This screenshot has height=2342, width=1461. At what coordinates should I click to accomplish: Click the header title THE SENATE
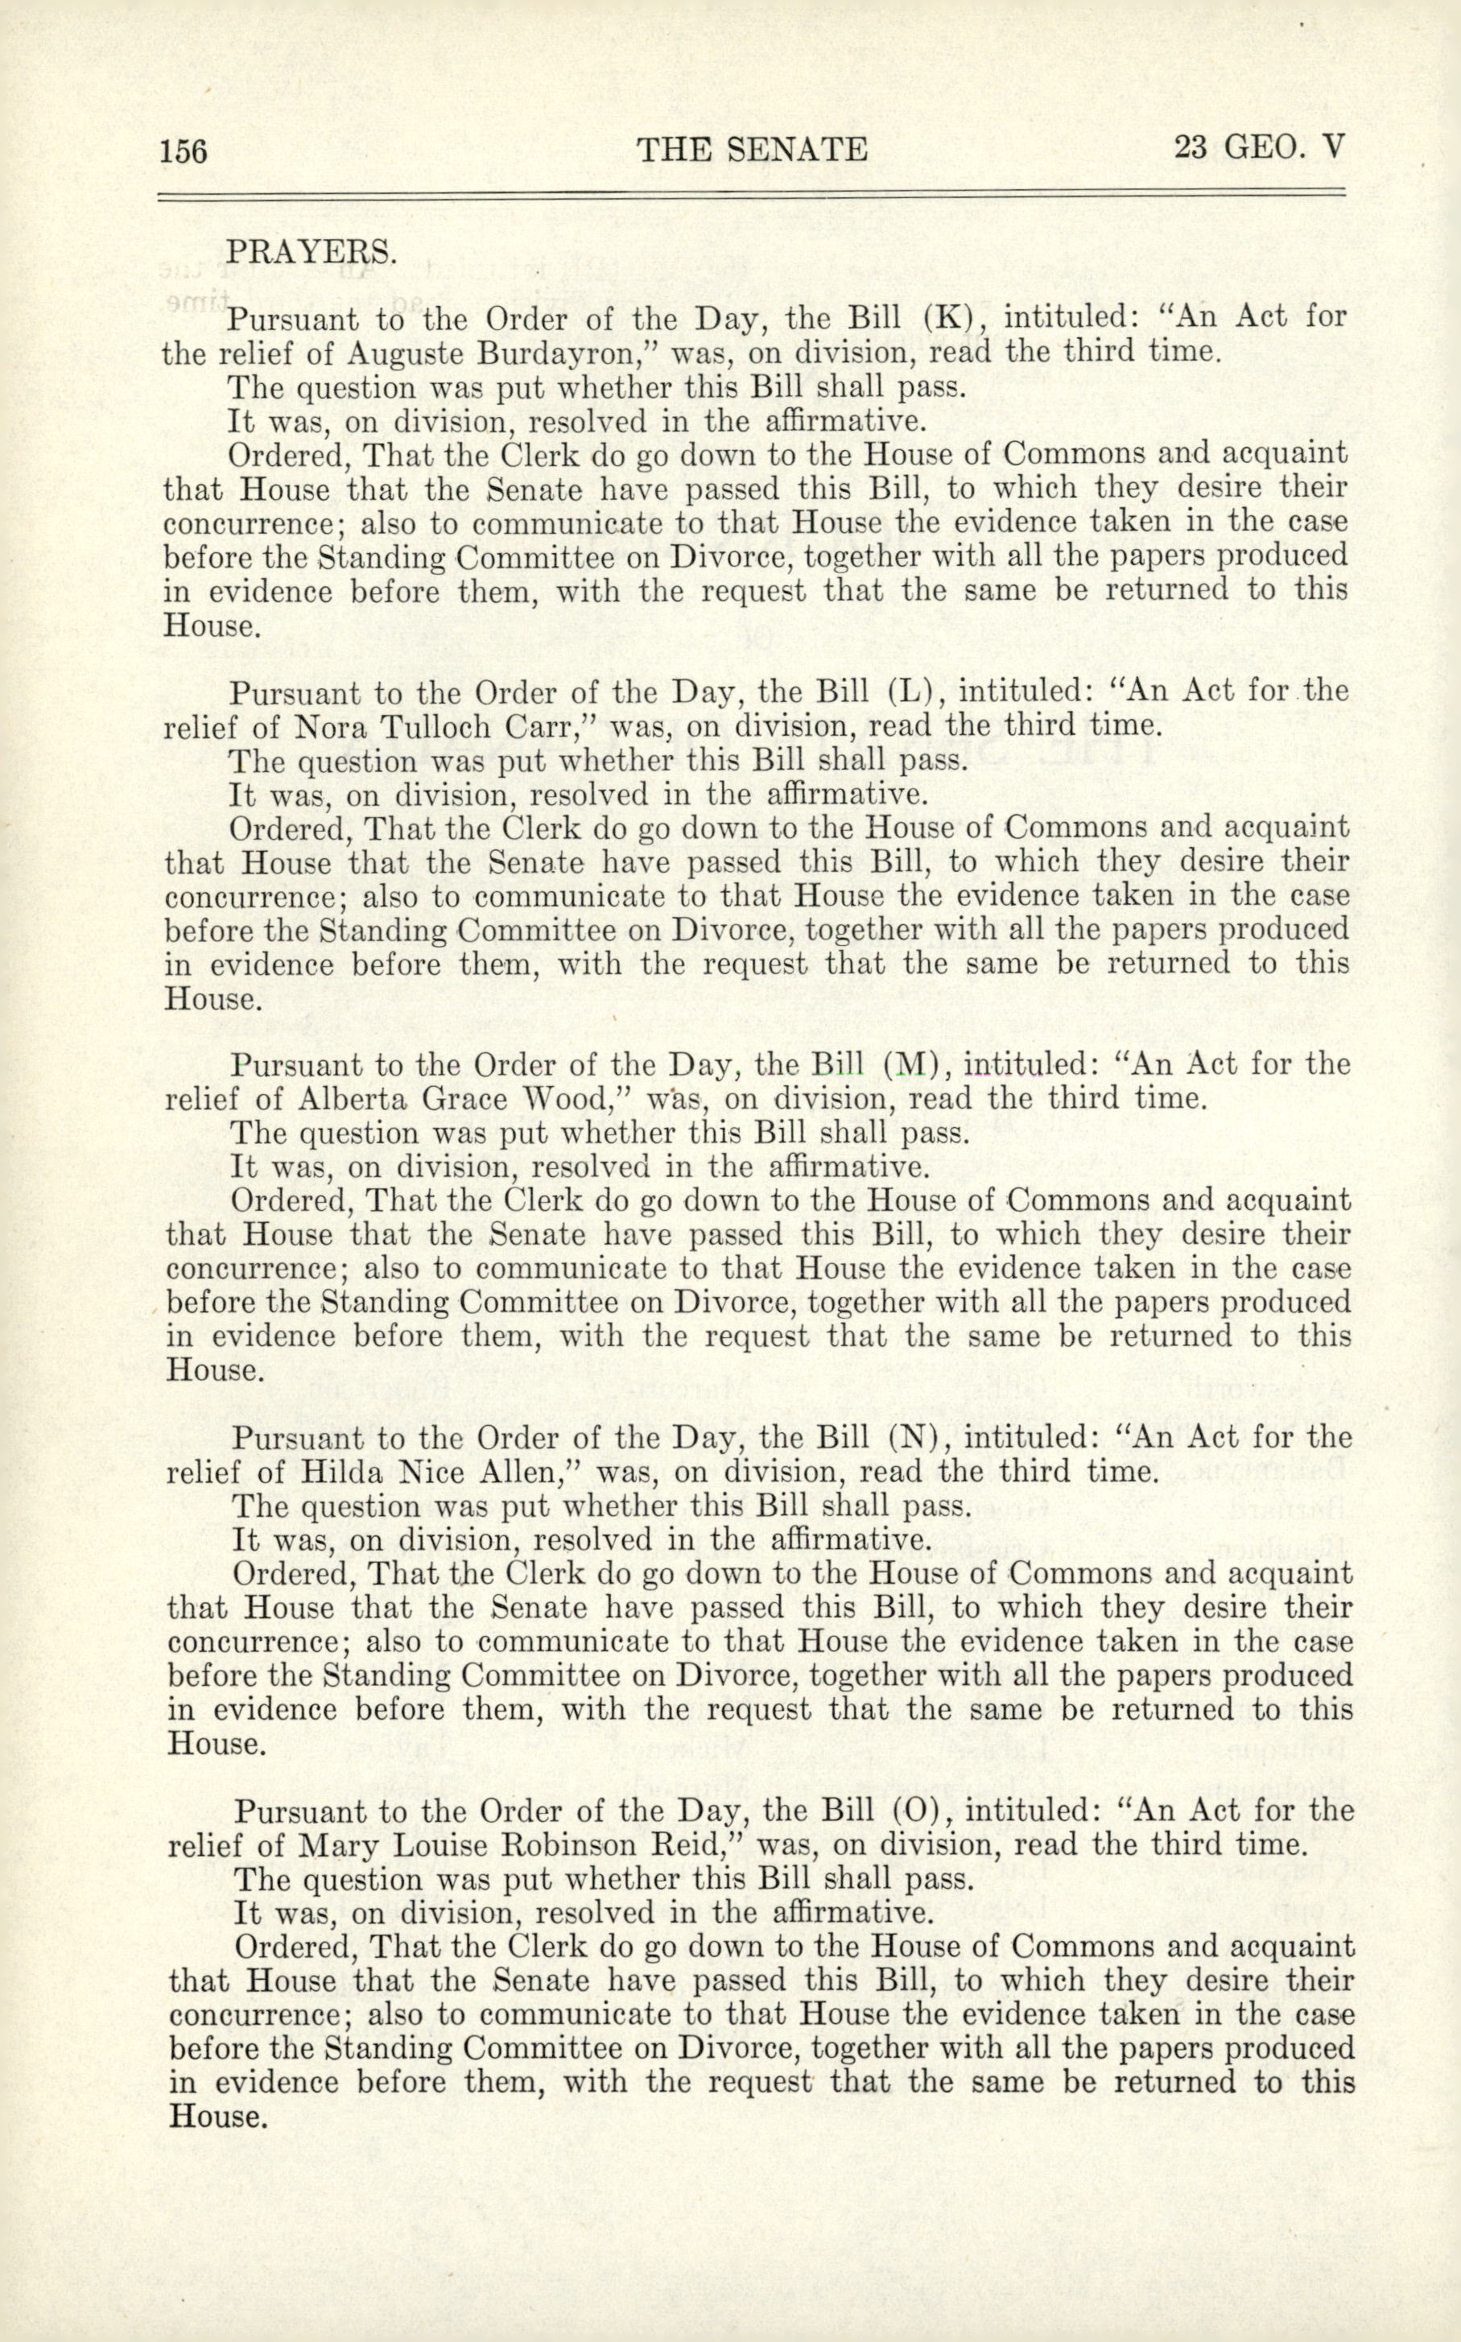752,150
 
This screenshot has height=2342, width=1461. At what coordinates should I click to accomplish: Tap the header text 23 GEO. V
1258,147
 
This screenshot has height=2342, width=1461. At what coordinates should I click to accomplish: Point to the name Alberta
347,1100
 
